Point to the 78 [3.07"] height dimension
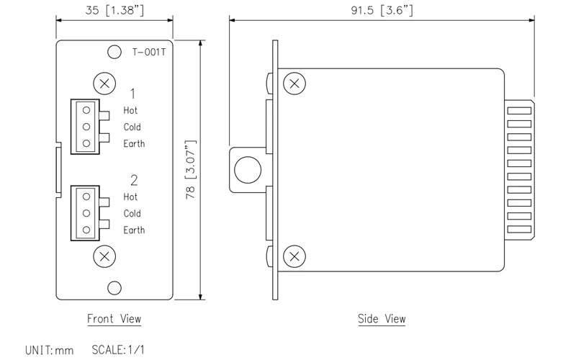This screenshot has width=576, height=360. pyautogui.click(x=191, y=170)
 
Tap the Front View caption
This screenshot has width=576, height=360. pyautogui.click(x=114, y=318)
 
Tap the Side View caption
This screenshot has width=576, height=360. pyautogui.click(x=382, y=318)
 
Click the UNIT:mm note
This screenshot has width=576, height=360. pyautogui.click(x=50, y=350)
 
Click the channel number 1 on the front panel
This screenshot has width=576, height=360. pyautogui.click(x=134, y=93)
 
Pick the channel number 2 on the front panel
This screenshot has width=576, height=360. pyautogui.click(x=134, y=179)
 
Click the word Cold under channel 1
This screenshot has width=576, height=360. pyautogui.click(x=132, y=127)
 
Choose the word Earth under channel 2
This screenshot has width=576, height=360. pyautogui.click(x=134, y=230)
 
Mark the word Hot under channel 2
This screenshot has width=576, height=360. pyautogui.click(x=130, y=197)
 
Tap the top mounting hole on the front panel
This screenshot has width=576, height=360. pyautogui.click(x=113, y=52)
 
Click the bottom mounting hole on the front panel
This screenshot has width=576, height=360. pyautogui.click(x=113, y=288)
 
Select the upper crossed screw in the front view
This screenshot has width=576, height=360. pyautogui.click(x=105, y=84)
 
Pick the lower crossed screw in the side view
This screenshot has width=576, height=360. pyautogui.click(x=294, y=256)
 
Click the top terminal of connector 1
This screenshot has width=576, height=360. pyautogui.click(x=86, y=110)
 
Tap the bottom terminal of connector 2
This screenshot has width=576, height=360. pyautogui.click(x=86, y=230)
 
